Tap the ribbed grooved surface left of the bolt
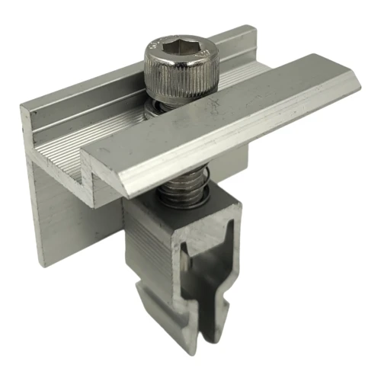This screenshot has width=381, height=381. (x=91, y=137)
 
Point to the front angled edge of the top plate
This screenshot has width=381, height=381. (x=229, y=156)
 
